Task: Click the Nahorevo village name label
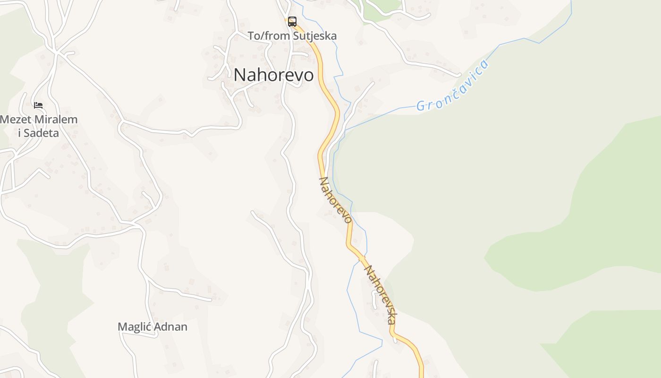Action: coord(273,75)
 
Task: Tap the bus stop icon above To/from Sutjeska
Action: coord(292,21)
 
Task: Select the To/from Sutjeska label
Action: coord(292,36)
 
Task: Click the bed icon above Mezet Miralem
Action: coord(38,105)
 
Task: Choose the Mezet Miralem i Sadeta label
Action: coord(39,126)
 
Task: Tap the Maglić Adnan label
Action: coord(153,327)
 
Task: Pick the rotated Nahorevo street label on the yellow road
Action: coord(336,200)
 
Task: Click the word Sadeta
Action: coord(42,133)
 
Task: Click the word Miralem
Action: coord(54,120)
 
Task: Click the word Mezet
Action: coord(14,120)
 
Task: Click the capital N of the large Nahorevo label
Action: coord(240,75)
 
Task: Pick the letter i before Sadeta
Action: coord(20,133)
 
